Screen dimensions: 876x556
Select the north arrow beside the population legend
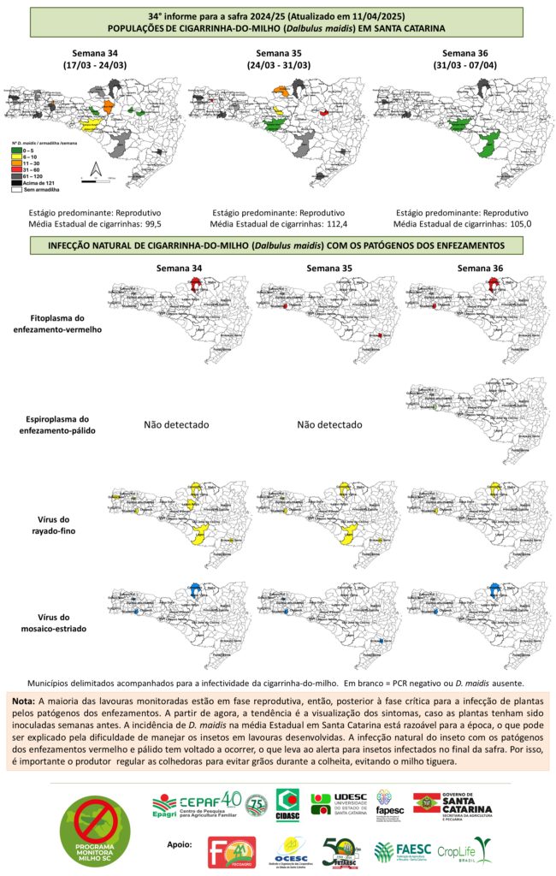pyautogui.click(x=97, y=169)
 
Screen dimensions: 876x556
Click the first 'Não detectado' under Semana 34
pyautogui.click(x=176, y=424)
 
